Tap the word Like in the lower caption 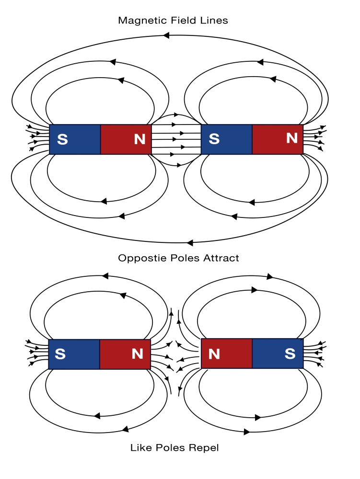click(140, 448)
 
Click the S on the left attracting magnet click(62, 140)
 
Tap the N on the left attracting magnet click(139, 140)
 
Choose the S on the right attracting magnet click(214, 139)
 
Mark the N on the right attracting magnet click(291, 138)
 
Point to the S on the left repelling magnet click(60, 354)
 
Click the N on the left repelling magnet click(138, 354)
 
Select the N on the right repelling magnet click(214, 354)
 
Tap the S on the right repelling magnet click(290, 354)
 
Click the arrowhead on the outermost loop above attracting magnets click(166, 35)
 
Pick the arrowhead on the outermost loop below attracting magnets click(190, 242)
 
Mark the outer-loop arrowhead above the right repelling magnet click(270, 277)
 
